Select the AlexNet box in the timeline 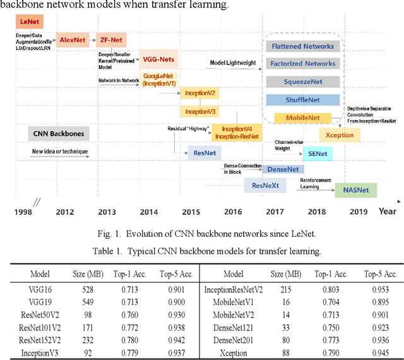(x=73, y=39)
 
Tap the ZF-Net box (x=112, y=39)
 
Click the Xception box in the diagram (x=340, y=135)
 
